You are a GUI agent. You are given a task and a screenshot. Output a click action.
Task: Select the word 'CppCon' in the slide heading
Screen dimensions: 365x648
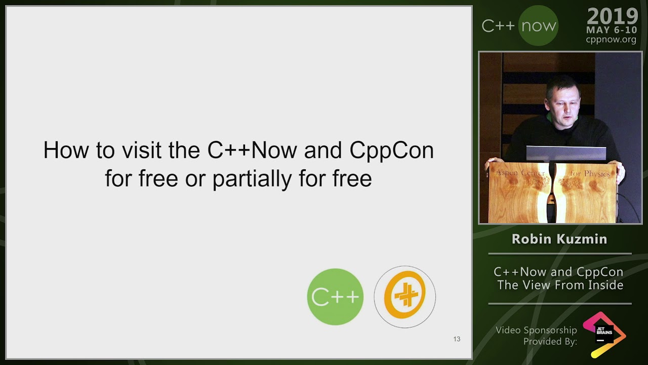[x=391, y=151]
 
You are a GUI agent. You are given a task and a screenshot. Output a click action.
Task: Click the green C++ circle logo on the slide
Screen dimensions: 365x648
[x=335, y=297]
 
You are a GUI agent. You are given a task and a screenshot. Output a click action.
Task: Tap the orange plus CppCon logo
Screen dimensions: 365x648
[x=404, y=297]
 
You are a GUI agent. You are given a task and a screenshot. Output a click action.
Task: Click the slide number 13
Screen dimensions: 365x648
[x=457, y=339]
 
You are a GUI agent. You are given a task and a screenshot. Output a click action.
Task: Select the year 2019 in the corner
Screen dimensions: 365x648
[x=612, y=17]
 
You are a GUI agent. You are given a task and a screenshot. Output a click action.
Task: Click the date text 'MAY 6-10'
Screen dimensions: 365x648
[x=612, y=30]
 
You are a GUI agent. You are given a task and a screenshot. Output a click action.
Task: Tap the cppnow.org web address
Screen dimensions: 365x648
[x=611, y=40]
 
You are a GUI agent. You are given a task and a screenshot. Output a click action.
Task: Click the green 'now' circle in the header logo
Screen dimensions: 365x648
[x=538, y=26]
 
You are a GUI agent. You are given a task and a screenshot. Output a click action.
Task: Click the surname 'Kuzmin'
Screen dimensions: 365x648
[x=582, y=239]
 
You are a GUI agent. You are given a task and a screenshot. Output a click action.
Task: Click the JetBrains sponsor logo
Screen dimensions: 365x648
[x=604, y=335]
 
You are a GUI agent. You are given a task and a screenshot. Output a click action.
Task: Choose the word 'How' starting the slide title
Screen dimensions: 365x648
[x=61, y=151]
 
